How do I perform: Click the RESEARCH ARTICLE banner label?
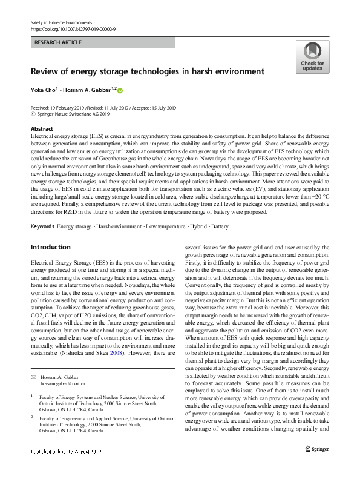(58, 43)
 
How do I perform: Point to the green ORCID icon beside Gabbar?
(120, 91)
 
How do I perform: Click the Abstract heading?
(41, 129)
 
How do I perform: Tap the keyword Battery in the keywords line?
(221, 226)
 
